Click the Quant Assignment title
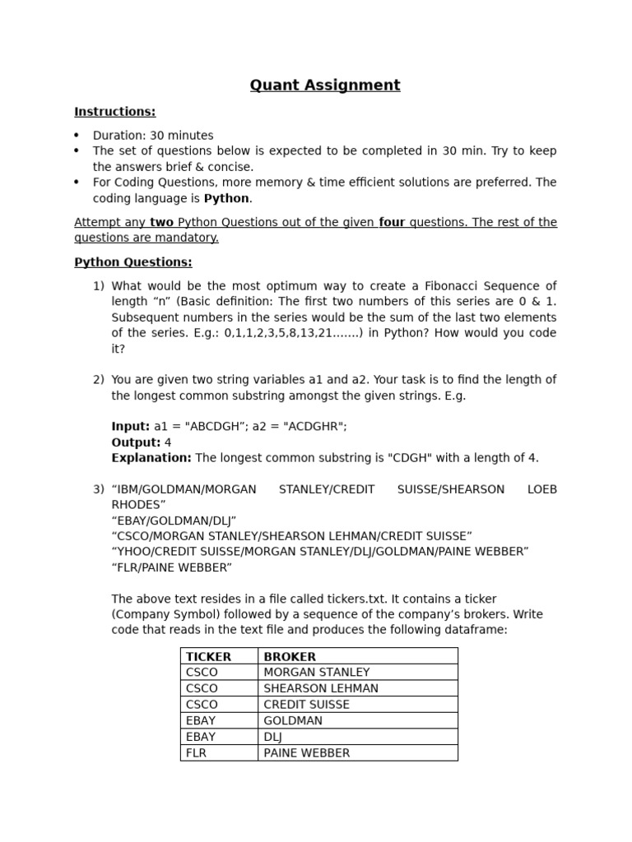(x=325, y=86)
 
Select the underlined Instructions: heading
(x=114, y=112)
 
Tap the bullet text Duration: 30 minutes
(x=153, y=136)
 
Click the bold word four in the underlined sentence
(x=392, y=223)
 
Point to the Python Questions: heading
(x=132, y=262)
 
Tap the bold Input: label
(x=131, y=427)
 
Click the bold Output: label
(x=136, y=442)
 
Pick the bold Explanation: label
(x=151, y=458)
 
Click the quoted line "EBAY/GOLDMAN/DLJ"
(x=174, y=520)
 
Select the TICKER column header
(x=208, y=657)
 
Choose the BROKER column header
(x=290, y=657)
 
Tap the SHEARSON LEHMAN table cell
(x=321, y=688)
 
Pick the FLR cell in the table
(x=196, y=752)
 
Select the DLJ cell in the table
(x=272, y=737)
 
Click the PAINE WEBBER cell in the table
(x=306, y=752)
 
